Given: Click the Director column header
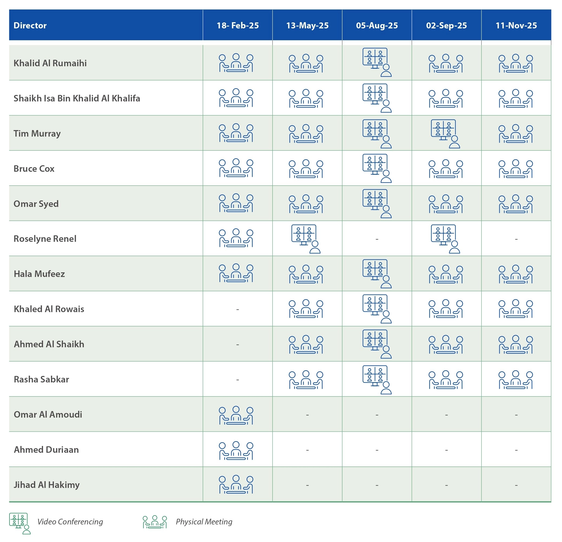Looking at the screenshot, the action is tap(30, 25).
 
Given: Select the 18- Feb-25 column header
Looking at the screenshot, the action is tap(238, 25).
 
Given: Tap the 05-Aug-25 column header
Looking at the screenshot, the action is tap(377, 25).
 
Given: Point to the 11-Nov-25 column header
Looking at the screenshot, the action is tap(516, 25).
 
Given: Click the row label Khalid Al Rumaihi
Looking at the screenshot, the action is tap(50, 63).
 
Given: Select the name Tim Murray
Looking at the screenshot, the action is tap(37, 134).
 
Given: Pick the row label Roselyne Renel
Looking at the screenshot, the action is tap(45, 239).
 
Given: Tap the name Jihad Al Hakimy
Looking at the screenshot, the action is tap(47, 485).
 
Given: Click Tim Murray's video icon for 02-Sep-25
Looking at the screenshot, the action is tap(446, 134).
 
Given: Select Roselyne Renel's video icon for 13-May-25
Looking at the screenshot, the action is tap(306, 239).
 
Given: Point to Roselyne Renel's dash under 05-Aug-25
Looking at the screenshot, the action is tap(377, 239).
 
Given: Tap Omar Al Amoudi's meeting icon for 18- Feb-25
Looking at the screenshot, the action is tap(236, 415).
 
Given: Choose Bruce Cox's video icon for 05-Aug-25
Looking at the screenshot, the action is tap(377, 168).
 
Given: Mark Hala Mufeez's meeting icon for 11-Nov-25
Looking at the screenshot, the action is tap(516, 274).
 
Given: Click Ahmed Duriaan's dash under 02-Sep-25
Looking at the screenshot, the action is tap(446, 450).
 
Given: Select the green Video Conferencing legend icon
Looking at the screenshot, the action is tap(20, 523).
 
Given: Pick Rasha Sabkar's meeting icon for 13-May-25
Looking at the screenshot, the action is tap(306, 380).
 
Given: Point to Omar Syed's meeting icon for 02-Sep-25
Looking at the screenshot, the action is tap(446, 204).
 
